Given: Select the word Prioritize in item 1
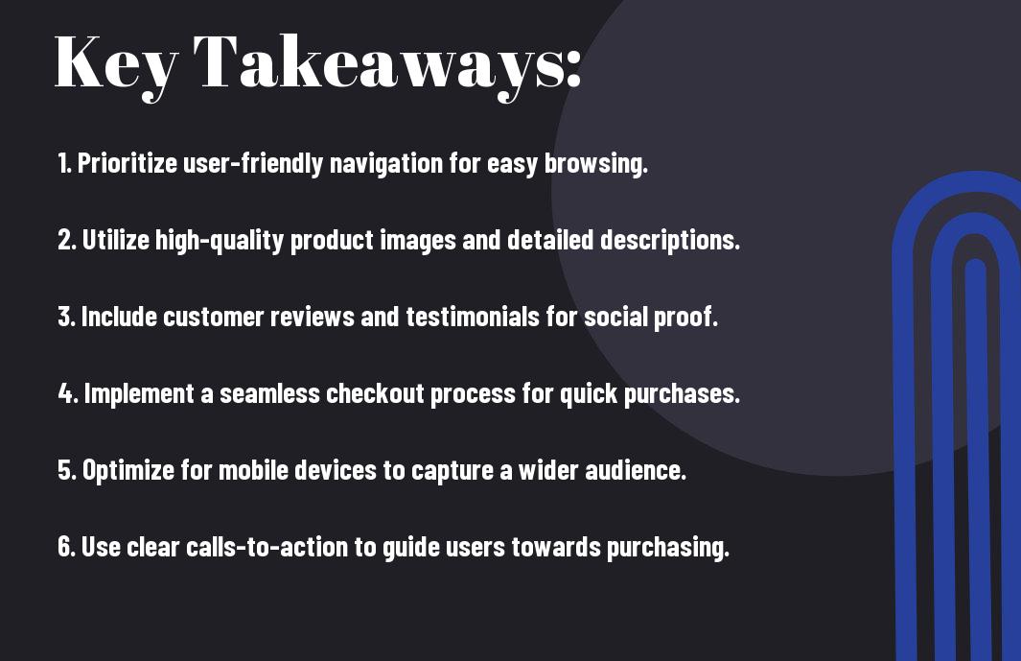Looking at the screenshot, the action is [x=127, y=163].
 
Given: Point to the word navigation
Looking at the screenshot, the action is [x=386, y=163].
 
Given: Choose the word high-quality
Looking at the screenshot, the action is [x=220, y=240].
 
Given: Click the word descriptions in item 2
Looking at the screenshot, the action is [x=670, y=240].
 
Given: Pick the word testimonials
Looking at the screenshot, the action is [x=473, y=317].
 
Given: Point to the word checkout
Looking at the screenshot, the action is [x=375, y=393].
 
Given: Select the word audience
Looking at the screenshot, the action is [x=636, y=470].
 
